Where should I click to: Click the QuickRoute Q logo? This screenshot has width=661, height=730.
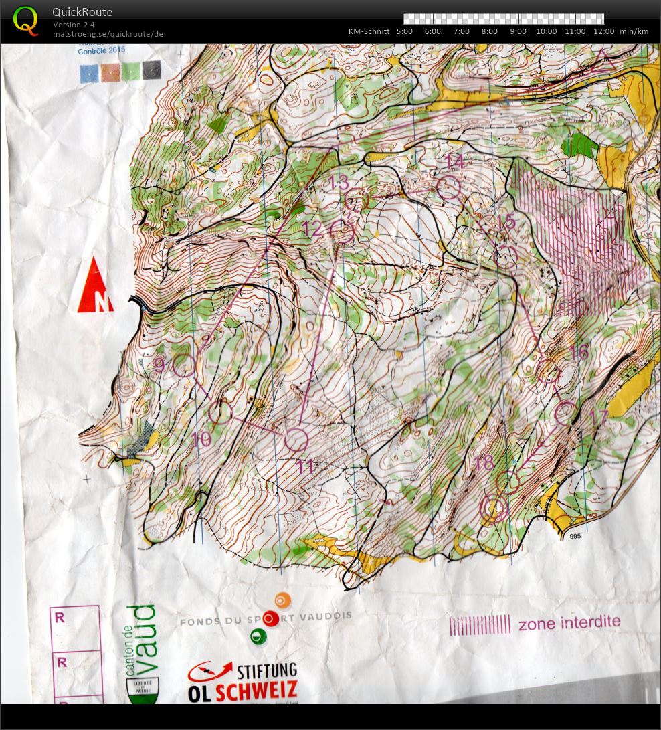click(25, 20)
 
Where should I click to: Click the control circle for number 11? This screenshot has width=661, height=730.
click(296, 439)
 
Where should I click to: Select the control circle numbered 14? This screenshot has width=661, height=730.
click(449, 188)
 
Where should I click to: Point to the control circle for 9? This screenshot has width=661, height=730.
click(184, 365)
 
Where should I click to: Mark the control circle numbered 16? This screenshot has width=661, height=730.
click(548, 371)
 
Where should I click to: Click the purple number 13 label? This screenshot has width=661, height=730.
click(339, 182)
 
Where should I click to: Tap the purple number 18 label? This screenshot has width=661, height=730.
click(482, 462)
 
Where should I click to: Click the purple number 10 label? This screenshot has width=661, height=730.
click(201, 439)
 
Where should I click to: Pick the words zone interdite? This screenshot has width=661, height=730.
click(569, 623)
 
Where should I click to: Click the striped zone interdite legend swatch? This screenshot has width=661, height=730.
click(480, 625)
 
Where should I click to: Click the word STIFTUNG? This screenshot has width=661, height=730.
click(266, 670)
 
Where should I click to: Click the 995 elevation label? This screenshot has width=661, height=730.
click(575, 537)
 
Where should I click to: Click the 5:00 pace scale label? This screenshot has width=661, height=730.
click(404, 31)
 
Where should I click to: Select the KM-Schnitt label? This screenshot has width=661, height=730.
click(369, 31)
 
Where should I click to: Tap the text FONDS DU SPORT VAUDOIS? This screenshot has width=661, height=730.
click(266, 619)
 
